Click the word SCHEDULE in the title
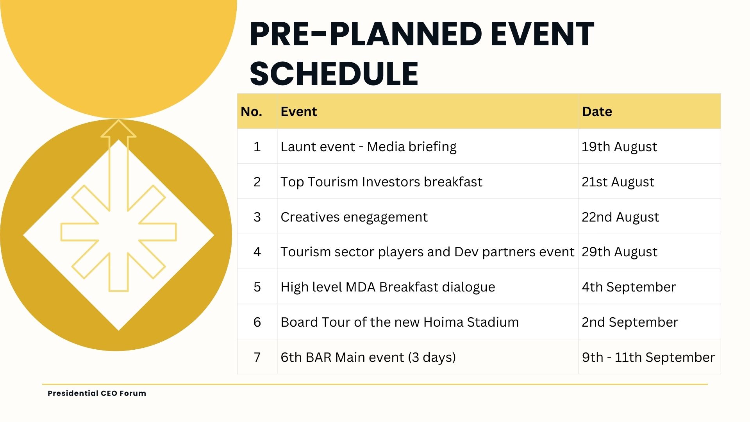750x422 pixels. [334, 73]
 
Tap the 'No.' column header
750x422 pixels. [251, 112]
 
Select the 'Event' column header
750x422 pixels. [299, 112]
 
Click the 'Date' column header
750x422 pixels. [597, 112]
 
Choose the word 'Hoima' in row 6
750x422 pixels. [443, 322]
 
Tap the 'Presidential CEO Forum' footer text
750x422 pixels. [97, 393]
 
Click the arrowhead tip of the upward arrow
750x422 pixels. [118, 120]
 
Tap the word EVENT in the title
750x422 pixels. [542, 34]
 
